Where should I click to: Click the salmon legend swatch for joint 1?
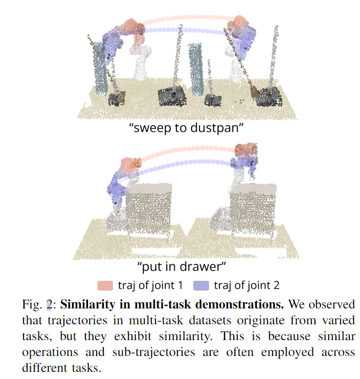pyautogui.click(x=105, y=285)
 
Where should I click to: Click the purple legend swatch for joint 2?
pyautogui.click(x=201, y=285)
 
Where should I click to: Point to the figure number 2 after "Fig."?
pyautogui.click(x=49, y=304)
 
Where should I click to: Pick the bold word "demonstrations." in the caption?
pyautogui.click(x=239, y=304)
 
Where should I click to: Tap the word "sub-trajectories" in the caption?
pyautogui.click(x=153, y=352)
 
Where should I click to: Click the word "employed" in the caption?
pyautogui.click(x=287, y=352)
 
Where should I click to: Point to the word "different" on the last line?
pyautogui.click(x=44, y=368)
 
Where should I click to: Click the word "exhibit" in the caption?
pyautogui.click(x=132, y=336)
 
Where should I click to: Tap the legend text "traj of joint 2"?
pyautogui.click(x=246, y=285)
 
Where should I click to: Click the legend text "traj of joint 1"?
pyautogui.click(x=150, y=285)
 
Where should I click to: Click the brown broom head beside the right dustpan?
pyautogui.click(x=254, y=93)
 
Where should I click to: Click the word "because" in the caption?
pyautogui.click(x=289, y=336)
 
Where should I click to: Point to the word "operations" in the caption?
pyautogui.click(x=50, y=352)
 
